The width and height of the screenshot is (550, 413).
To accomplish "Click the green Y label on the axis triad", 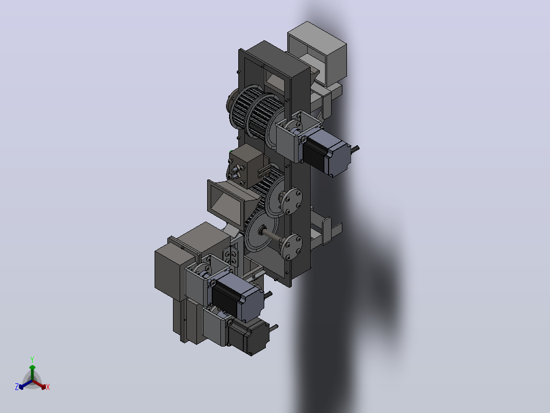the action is [32, 359].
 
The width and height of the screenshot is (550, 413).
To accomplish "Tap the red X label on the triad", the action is [48, 387].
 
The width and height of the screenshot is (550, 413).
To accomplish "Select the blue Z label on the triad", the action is [16, 386].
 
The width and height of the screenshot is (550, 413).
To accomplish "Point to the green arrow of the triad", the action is [32, 373].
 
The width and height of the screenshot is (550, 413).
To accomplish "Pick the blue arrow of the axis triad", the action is [26, 384].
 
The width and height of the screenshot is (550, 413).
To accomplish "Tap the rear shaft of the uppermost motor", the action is [355, 149].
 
